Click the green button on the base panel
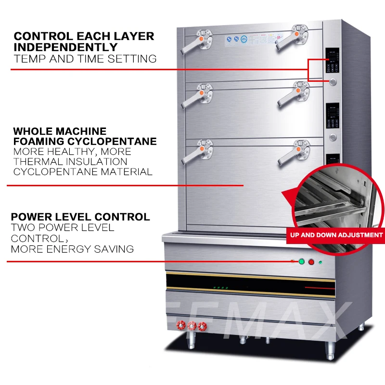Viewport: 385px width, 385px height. (x=302, y=262)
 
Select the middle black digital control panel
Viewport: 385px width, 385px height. (x=333, y=116)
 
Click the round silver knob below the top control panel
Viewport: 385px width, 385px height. (x=334, y=82)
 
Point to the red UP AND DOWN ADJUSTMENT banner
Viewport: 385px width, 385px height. (x=334, y=235)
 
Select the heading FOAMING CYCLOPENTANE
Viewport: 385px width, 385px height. (x=85, y=141)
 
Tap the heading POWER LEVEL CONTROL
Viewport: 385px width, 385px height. (x=80, y=217)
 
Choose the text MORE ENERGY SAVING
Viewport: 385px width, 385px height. (x=72, y=249)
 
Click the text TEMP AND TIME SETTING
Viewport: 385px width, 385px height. (x=85, y=59)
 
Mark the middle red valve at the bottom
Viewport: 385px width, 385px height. (x=192, y=326)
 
